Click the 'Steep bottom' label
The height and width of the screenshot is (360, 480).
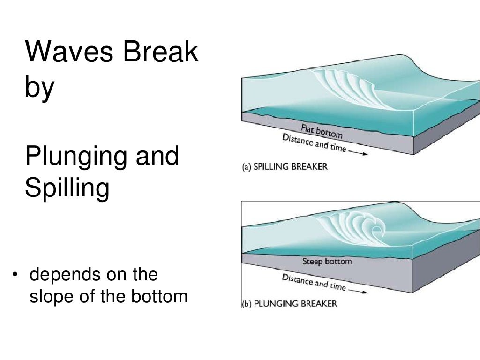pos(327,261)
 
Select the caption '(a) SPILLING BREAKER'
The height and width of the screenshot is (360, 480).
pos(284,167)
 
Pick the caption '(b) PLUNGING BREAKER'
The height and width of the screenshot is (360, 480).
pos(289,304)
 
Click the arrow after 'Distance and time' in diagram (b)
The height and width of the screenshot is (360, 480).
pos(358,290)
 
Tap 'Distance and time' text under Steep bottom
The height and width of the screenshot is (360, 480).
pos(314,281)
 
